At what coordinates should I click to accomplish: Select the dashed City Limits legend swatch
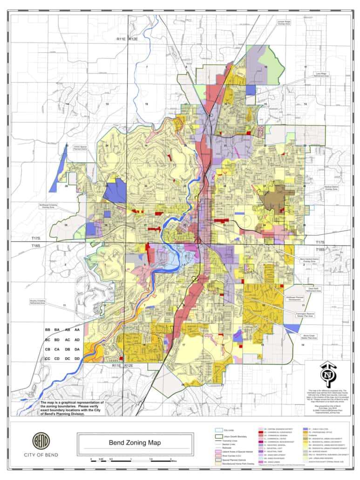[x=218, y=430]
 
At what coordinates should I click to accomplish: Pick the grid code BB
[x=48, y=330]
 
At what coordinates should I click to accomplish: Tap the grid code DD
[x=77, y=358]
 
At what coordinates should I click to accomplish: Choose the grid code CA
[x=57, y=349]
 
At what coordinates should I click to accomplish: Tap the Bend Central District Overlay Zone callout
[x=308, y=260]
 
